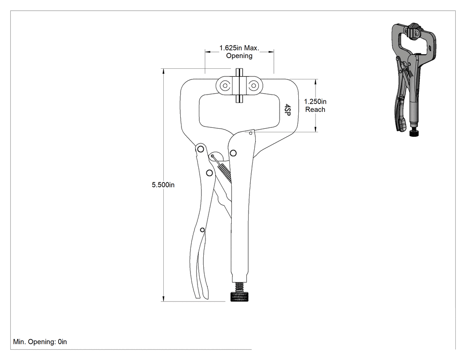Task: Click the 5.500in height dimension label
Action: point(163,185)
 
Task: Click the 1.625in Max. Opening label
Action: point(239,52)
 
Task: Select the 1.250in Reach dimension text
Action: point(315,106)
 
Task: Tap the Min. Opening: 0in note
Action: point(40,342)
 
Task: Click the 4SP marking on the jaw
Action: point(288,109)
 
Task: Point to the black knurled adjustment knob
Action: point(239,297)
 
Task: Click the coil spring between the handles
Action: point(225,172)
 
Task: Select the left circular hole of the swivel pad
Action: point(225,86)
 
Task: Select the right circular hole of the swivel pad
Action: point(253,86)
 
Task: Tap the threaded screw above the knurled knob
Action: point(239,287)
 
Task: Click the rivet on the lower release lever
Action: point(202,230)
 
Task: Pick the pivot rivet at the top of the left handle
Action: point(201,149)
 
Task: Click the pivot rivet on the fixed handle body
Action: point(233,153)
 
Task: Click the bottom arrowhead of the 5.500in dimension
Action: point(163,299)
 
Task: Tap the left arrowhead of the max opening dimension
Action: point(207,52)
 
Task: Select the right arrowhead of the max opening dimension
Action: point(271,52)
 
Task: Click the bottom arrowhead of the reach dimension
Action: point(316,129)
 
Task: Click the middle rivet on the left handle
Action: point(209,173)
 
